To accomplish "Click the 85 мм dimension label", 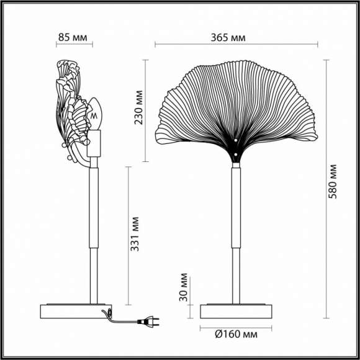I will coord(73,37).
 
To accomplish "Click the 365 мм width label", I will coord(228,37).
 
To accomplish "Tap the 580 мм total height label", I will coord(333,181).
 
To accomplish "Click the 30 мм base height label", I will coord(183,286).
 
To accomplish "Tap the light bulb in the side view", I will coord(95,114).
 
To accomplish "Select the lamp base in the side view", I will coord(75,310).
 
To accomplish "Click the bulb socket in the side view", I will coord(95,143).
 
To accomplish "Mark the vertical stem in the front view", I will coord(236,236).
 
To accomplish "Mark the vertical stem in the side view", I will coord(94,236).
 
